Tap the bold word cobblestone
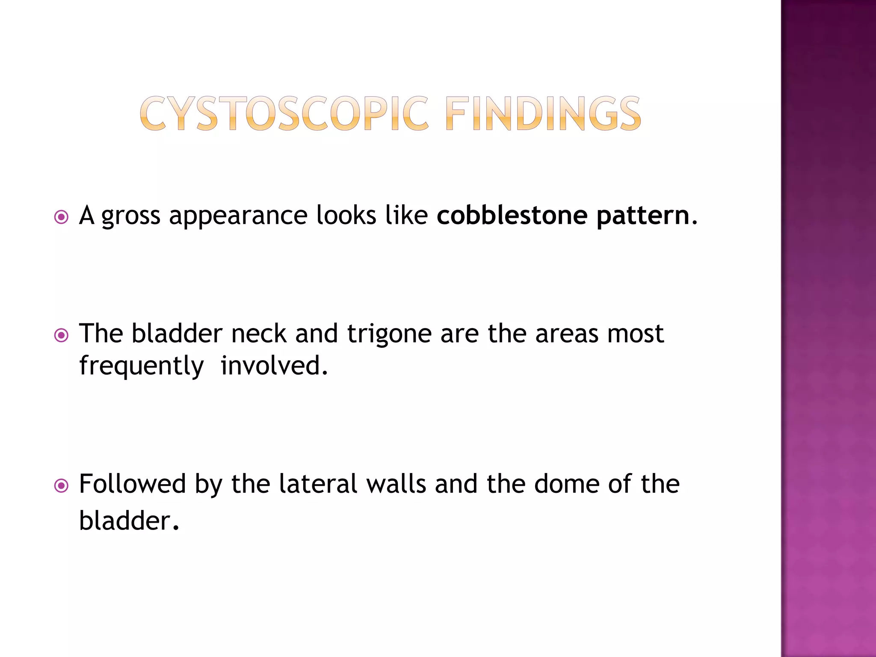tap(512, 215)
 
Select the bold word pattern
tap(643, 216)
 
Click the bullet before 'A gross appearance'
tap(62, 217)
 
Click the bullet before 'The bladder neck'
tap(62, 336)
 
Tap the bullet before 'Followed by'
tap(62, 486)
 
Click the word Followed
tap(133, 484)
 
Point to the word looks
tap(346, 215)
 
